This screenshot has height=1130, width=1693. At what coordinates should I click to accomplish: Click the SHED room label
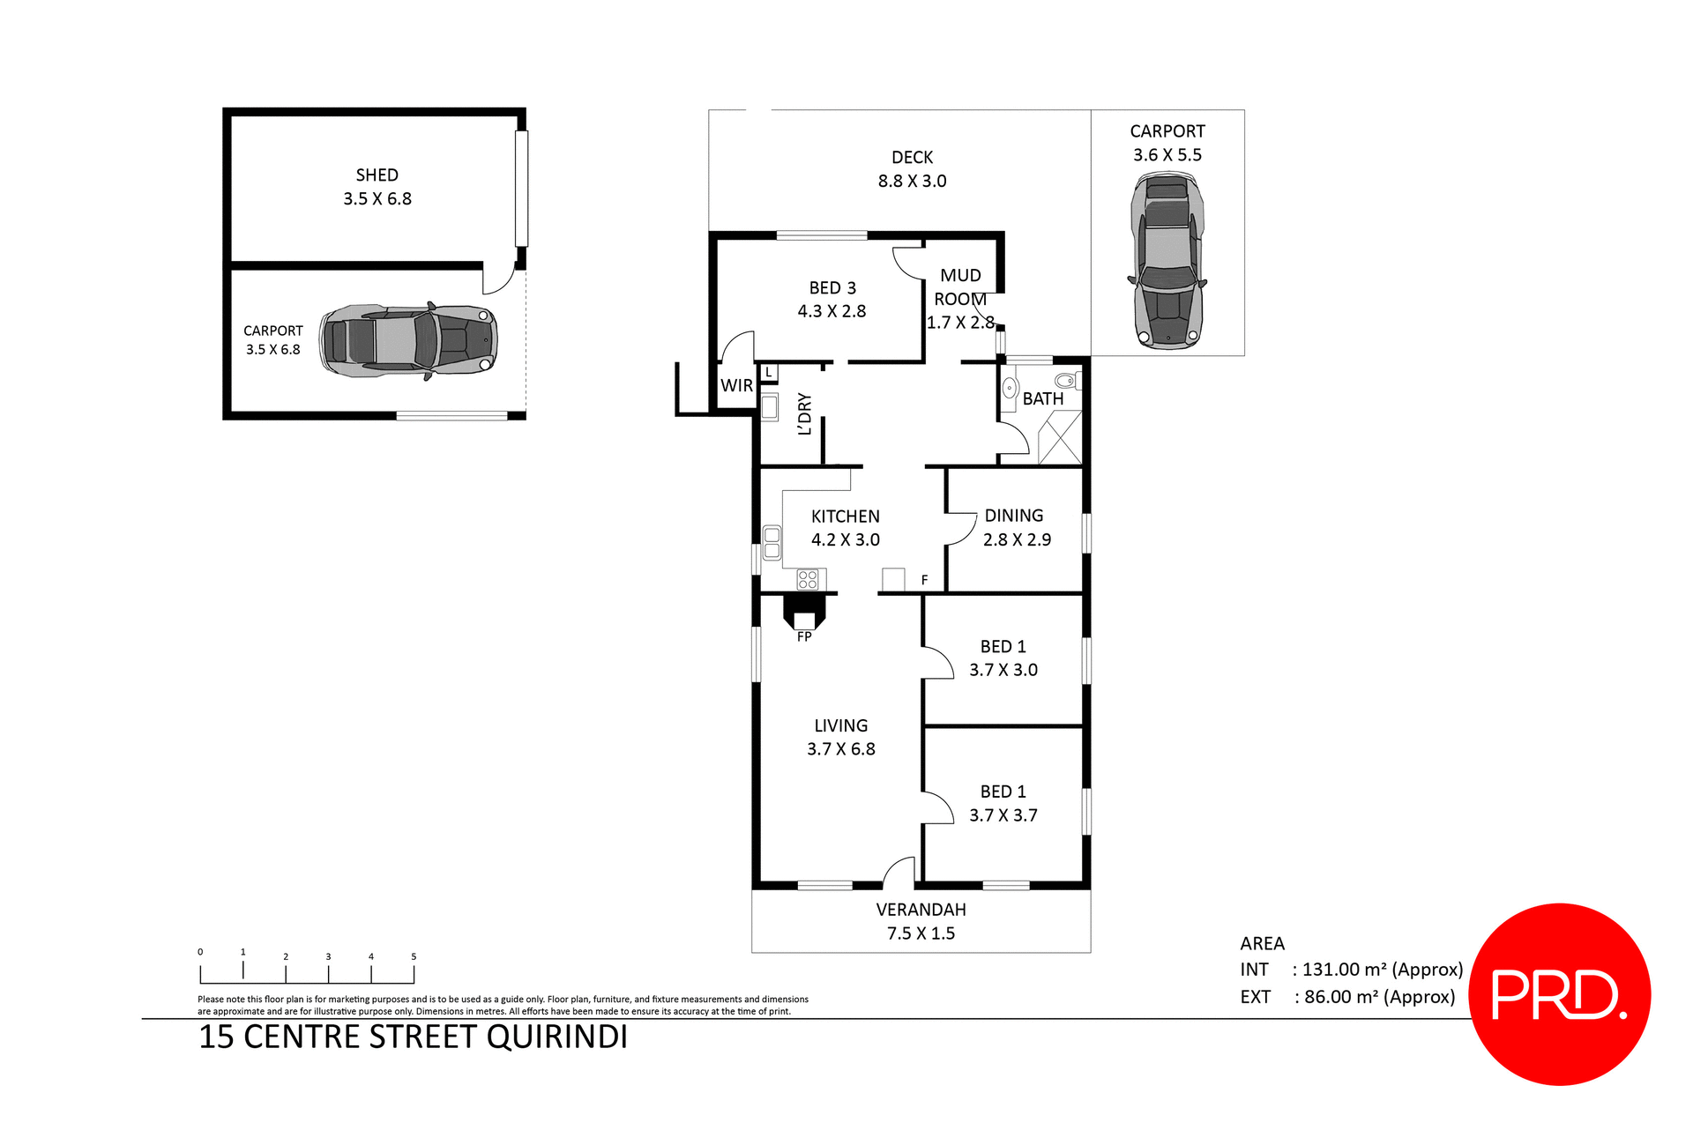(x=377, y=175)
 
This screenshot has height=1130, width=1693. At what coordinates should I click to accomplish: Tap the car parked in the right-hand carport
(x=1167, y=261)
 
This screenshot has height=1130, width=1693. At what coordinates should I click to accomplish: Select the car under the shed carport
(x=408, y=340)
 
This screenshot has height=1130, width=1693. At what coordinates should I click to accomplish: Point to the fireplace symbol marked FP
(x=804, y=612)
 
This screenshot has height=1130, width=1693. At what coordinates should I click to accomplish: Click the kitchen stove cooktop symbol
(x=808, y=579)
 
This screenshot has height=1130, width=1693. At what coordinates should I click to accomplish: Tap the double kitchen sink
(x=772, y=542)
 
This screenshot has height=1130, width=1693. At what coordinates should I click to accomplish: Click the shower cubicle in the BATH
(x=1059, y=437)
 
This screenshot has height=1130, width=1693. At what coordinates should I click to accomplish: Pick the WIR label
(x=736, y=385)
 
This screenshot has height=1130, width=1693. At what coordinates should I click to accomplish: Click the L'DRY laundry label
(x=803, y=413)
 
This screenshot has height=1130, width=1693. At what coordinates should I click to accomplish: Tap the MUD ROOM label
(x=960, y=287)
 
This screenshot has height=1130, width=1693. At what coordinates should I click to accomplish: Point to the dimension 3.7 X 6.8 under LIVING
(x=840, y=749)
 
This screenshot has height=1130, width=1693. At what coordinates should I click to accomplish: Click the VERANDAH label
(x=921, y=910)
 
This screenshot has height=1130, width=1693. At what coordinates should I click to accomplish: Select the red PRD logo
(x=1559, y=994)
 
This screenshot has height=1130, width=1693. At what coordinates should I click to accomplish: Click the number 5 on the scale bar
(x=414, y=956)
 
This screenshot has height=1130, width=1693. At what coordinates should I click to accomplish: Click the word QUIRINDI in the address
(x=557, y=1037)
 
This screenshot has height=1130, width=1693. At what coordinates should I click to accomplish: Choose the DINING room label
(x=1013, y=516)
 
